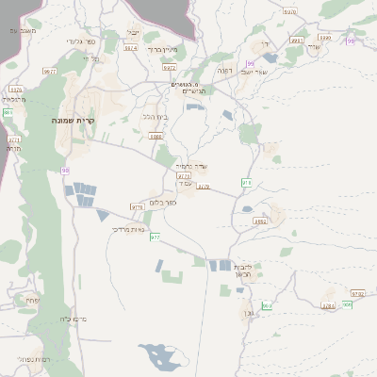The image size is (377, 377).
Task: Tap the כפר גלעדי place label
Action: pos(80,41)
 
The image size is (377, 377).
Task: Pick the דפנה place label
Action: pos(225,71)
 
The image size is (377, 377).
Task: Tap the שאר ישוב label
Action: pos(254,72)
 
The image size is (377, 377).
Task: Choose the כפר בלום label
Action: pos(164,202)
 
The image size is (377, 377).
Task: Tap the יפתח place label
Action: pos(33,300)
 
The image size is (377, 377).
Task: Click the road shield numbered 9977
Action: pos(50,71)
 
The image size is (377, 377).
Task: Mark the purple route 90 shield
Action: pos(65,171)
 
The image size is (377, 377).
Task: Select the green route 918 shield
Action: pos(246,182)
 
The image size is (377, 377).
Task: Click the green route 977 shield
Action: pos(156,237)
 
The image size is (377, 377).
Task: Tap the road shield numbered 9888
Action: pos(156,137)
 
